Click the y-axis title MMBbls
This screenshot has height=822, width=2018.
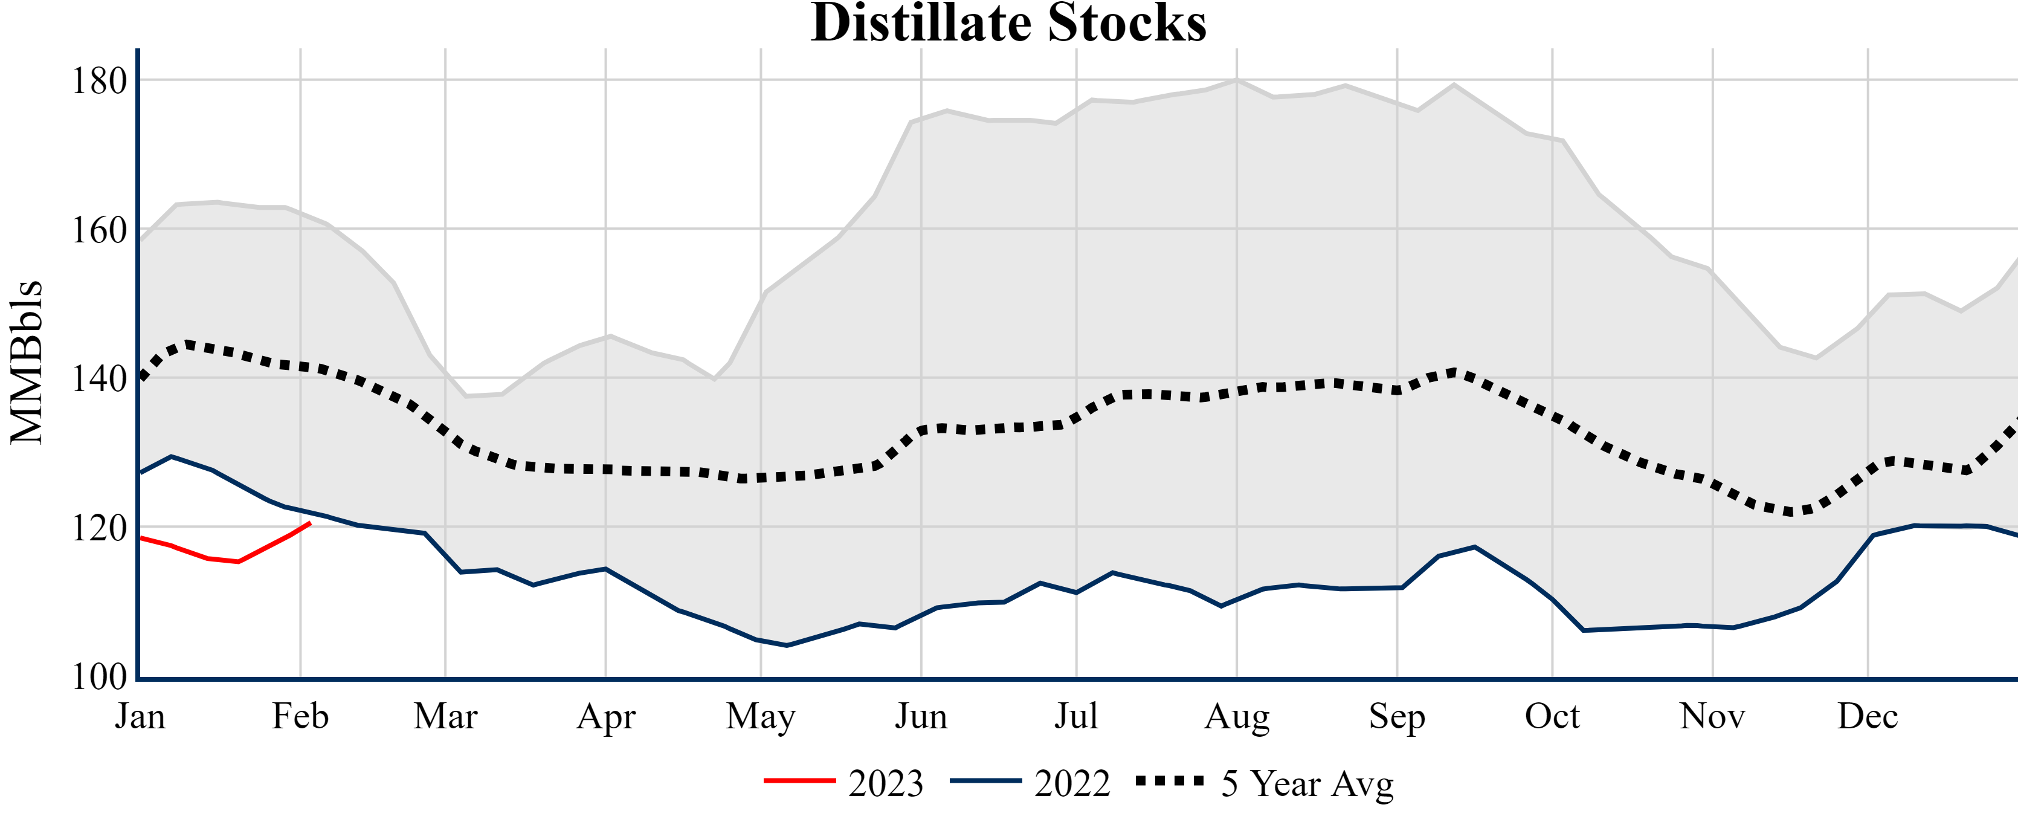click(x=26, y=362)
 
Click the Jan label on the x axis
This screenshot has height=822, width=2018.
click(x=140, y=716)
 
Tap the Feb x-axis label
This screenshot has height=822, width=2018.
click(x=300, y=716)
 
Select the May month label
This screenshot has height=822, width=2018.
click(x=760, y=716)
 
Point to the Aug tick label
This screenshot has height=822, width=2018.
click(x=1236, y=716)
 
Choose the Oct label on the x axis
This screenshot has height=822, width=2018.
click(x=1552, y=716)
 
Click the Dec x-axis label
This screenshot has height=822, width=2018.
click(x=1868, y=716)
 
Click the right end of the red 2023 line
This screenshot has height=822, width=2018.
click(x=310, y=523)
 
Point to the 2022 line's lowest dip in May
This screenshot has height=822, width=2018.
click(x=787, y=646)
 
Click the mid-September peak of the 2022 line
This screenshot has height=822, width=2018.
click(x=1474, y=547)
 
